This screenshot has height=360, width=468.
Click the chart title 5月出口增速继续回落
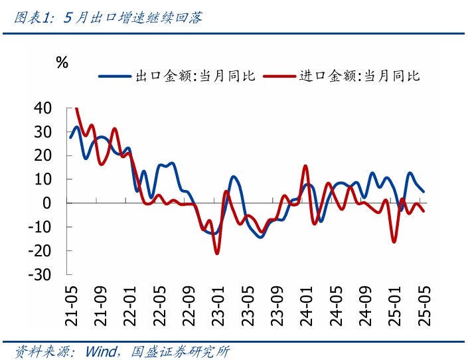133,17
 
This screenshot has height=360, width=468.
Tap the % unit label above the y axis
62,63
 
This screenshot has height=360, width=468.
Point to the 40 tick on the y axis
42,108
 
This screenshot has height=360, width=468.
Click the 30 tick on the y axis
42,132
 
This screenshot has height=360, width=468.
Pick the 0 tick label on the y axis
47,203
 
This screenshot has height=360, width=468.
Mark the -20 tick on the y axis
39,251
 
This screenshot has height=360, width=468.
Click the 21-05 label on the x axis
71,305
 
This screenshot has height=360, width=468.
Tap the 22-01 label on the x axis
130,305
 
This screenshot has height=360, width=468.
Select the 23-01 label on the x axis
218,305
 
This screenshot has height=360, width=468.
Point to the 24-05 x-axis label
335,305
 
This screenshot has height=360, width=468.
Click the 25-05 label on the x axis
423,305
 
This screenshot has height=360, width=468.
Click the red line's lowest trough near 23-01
217,254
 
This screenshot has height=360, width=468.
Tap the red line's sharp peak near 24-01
305,166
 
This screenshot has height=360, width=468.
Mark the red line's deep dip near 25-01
394,242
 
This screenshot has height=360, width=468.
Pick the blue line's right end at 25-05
424,191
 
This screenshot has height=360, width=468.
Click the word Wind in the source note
102,351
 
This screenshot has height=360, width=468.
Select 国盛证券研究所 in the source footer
181,351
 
